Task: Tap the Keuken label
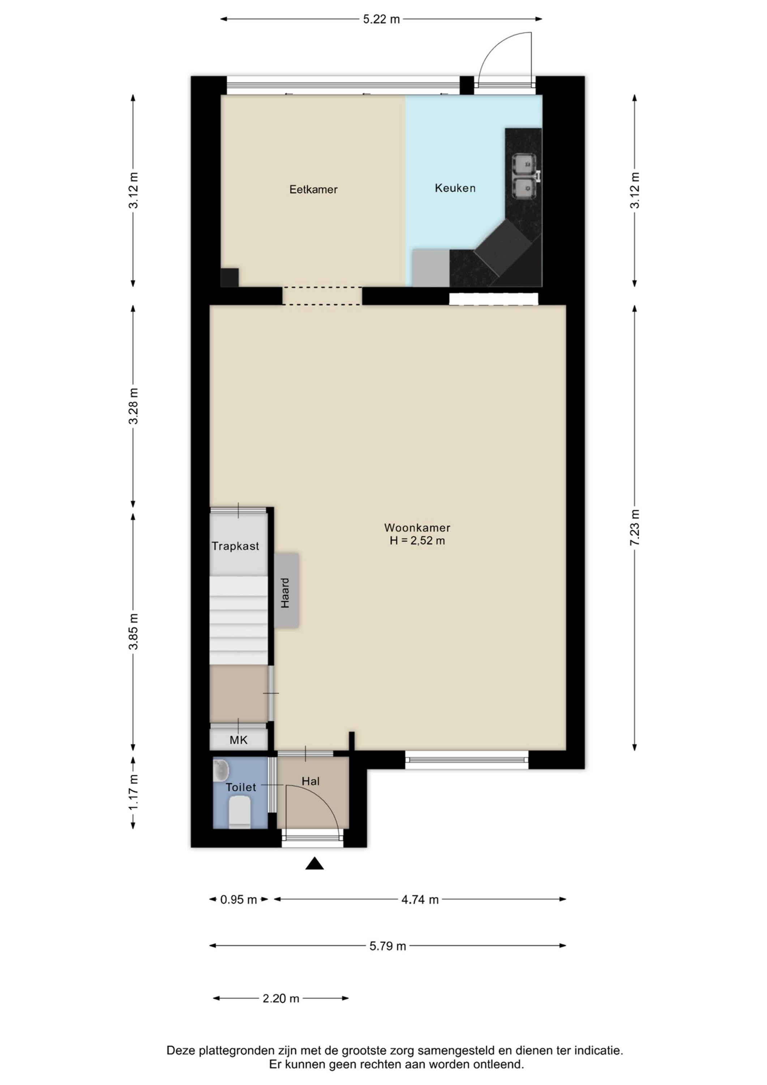pos(455,188)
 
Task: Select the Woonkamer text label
pos(417,527)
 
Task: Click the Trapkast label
pos(235,546)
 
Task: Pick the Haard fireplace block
pos(286,590)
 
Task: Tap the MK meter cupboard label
pos(239,740)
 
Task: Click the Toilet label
pos(241,787)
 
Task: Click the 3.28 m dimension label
pos(134,406)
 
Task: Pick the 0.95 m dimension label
pos(239,899)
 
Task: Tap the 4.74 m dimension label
pos(420,899)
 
